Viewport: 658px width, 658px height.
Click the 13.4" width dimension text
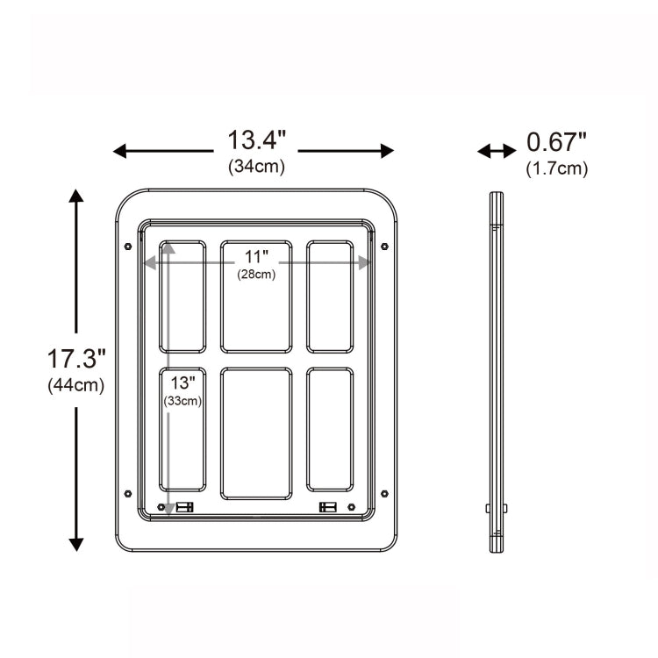[x=257, y=140]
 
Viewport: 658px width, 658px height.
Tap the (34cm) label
[x=256, y=166]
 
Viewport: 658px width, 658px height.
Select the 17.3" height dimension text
[x=76, y=358]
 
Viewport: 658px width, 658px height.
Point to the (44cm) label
[x=76, y=384]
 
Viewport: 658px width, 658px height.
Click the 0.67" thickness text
[x=556, y=142]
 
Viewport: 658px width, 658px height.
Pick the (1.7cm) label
[x=556, y=168]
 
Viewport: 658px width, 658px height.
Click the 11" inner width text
[x=255, y=257]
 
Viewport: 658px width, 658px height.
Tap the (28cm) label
[x=255, y=275]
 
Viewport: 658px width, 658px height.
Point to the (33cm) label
[x=182, y=401]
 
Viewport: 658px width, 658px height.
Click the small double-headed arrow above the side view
[x=497, y=151]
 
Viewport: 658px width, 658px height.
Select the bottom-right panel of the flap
[x=330, y=428]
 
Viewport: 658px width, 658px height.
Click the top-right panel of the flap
[x=330, y=297]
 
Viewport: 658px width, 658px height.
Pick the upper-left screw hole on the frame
[x=129, y=247]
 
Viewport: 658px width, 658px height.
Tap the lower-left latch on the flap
[x=184, y=507]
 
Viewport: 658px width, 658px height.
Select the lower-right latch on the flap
[x=328, y=507]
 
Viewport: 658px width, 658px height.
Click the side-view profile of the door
[x=497, y=372]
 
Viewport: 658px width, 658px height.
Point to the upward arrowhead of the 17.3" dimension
[x=77, y=196]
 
